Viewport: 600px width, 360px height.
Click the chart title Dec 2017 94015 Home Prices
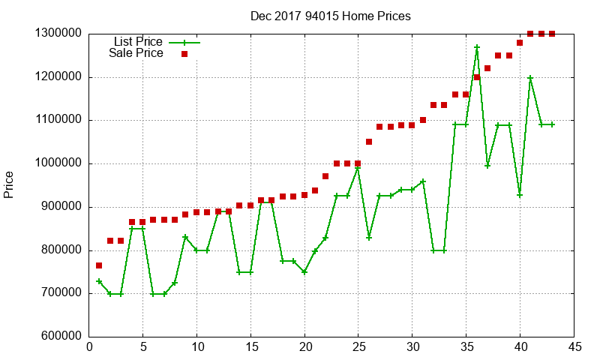(x=331, y=16)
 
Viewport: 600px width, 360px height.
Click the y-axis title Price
(x=9, y=184)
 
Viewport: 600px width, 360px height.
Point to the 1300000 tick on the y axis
(x=58, y=34)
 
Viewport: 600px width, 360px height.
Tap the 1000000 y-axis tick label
(x=58, y=163)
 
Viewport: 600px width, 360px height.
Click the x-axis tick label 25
(x=358, y=346)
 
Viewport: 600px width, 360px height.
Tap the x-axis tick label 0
(x=89, y=346)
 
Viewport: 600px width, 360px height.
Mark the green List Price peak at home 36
(x=477, y=47)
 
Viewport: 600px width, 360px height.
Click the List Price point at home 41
(x=530, y=78)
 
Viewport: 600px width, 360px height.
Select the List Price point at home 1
(x=99, y=281)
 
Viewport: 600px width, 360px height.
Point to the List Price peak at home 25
(x=358, y=168)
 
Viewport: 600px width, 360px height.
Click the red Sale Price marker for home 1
(x=99, y=265)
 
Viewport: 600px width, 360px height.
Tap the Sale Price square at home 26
(x=369, y=142)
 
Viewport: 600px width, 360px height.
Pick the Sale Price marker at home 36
(x=477, y=77)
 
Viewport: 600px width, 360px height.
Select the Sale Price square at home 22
(x=325, y=176)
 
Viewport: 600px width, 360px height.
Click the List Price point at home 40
(x=520, y=195)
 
